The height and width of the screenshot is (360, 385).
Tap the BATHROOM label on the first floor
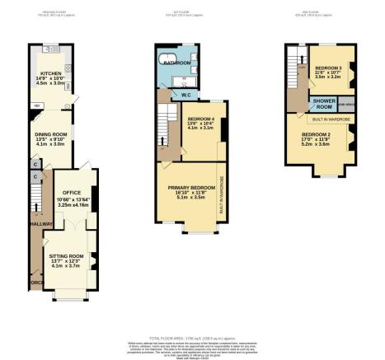(176, 63)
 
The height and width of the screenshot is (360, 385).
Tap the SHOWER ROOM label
(321, 105)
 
